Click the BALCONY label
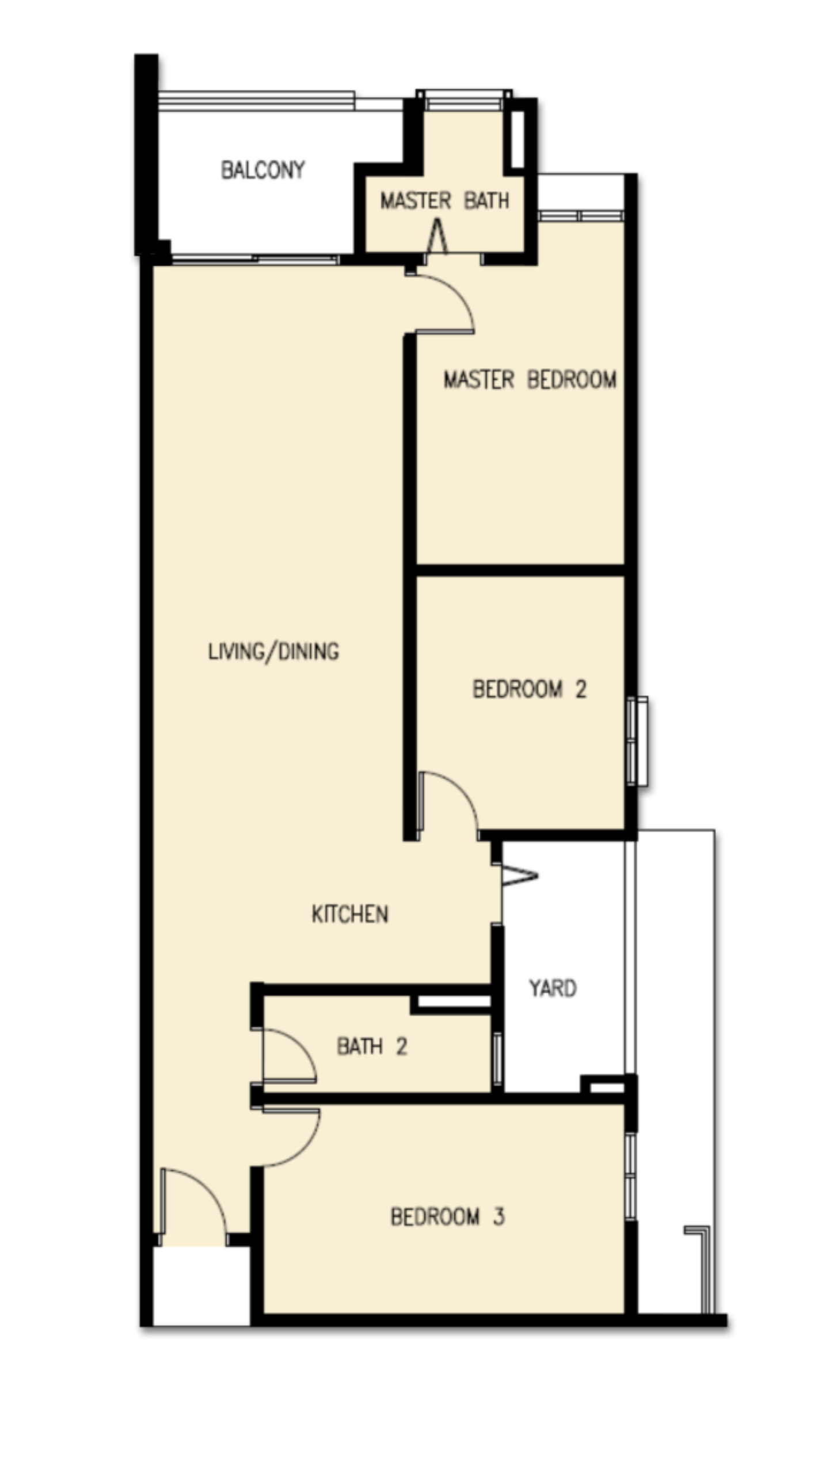point(262,170)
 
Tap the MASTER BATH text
point(444,200)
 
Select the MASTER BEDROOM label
point(530,380)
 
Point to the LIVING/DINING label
point(273,651)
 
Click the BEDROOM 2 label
point(530,689)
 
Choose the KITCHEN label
point(350,914)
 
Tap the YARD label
point(553,988)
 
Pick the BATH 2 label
point(372,1046)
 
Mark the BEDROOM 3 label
point(448,1216)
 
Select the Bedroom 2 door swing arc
point(463,791)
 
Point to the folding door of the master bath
point(437,236)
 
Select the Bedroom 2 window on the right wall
point(637,741)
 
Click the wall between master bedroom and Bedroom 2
point(520,570)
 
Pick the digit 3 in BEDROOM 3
point(498,1216)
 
